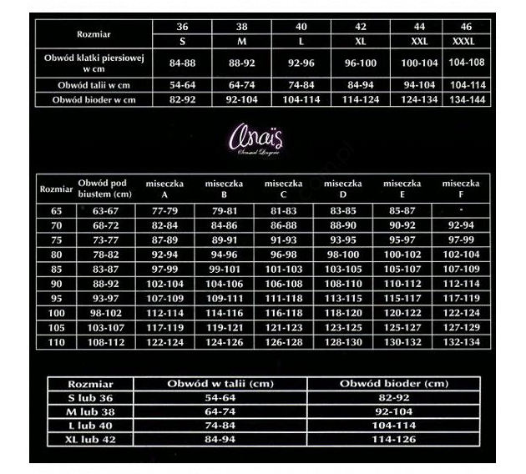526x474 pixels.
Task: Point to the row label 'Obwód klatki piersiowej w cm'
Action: [x=93, y=63]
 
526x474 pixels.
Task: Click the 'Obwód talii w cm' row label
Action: [x=93, y=85]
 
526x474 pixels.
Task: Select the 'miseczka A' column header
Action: [x=164, y=188]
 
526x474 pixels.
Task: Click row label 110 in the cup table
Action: [x=57, y=341]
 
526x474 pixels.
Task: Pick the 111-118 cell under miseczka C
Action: [x=283, y=298]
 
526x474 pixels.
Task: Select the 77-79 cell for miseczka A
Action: [x=164, y=211]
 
